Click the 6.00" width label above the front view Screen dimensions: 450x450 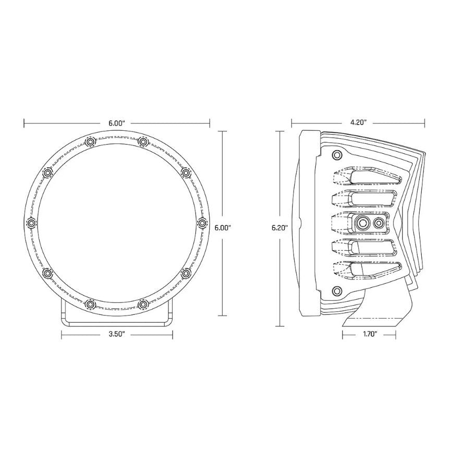click(117, 123)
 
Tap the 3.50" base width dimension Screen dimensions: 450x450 click(117, 334)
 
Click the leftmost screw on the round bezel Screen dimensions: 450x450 click(31, 223)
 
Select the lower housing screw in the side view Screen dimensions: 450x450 click(337, 290)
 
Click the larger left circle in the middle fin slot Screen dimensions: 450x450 click(361, 223)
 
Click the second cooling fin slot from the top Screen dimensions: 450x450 click(368, 199)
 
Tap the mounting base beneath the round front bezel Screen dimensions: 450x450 click(117, 315)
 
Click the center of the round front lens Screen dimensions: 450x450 click(117, 223)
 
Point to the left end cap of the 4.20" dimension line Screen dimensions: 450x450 click(291, 123)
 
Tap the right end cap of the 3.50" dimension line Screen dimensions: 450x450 click(173, 334)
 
